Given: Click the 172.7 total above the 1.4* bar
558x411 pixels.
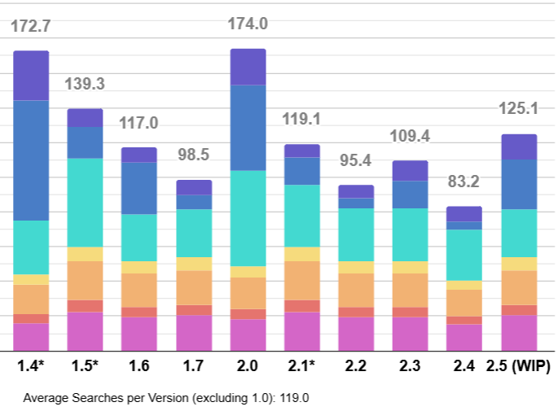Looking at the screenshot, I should pyautogui.click(x=31, y=26).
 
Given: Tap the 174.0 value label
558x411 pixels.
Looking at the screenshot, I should pyautogui.click(x=248, y=24).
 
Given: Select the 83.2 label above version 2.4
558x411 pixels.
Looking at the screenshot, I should pyautogui.click(x=464, y=182).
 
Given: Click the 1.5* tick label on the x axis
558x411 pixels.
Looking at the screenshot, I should pyautogui.click(x=85, y=365).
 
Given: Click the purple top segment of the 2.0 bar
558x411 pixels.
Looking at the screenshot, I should pyautogui.click(x=248, y=67).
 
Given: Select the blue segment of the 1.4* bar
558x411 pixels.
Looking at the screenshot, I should pyautogui.click(x=31, y=160).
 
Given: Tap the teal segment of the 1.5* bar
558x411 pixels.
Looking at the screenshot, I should pyautogui.click(x=85, y=203).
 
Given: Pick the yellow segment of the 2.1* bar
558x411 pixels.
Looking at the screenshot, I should pyautogui.click(x=302, y=254).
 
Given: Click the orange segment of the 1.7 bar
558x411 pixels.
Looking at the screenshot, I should pyautogui.click(x=194, y=287).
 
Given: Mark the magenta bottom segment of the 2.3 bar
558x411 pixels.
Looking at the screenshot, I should pyautogui.click(x=410, y=333).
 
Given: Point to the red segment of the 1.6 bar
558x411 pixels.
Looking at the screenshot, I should pyautogui.click(x=138, y=312).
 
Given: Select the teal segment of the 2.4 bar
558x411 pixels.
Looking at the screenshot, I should pyautogui.click(x=464, y=255).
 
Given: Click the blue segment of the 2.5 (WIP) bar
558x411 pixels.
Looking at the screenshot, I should pyautogui.click(x=518, y=184).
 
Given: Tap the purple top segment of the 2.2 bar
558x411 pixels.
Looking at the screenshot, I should pyautogui.click(x=356, y=191).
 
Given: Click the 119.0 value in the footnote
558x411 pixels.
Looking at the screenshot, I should pyautogui.click(x=293, y=399).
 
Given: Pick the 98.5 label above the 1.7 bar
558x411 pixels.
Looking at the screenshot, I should pyautogui.click(x=194, y=155).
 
